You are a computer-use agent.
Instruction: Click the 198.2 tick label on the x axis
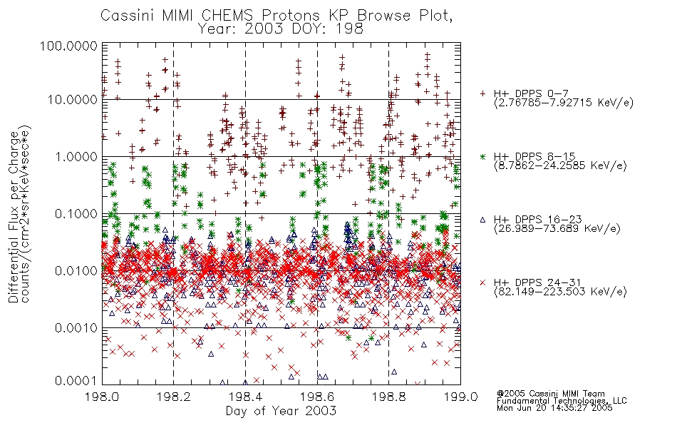tap(174, 397)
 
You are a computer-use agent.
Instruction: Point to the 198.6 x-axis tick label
tap(317, 397)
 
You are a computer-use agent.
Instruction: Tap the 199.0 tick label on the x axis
tap(460, 397)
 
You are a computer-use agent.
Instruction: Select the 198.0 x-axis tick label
tap(102, 397)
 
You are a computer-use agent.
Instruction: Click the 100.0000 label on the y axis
tap(68, 46)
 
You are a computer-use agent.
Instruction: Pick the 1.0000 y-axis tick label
tap(76, 156)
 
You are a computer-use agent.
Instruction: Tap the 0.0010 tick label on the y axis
tap(76, 328)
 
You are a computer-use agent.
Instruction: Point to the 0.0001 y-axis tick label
tap(76, 381)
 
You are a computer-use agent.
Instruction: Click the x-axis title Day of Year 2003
tap(281, 411)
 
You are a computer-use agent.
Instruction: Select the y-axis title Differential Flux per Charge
tap(14, 217)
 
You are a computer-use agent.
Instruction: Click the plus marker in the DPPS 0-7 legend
tap(482, 93)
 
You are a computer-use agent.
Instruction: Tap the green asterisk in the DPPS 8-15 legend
tap(482, 156)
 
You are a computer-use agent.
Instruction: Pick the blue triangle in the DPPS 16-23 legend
tap(482, 220)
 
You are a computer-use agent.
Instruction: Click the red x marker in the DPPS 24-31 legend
tap(482, 282)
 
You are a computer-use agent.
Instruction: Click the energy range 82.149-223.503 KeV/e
tap(560, 292)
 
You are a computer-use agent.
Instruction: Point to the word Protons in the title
tap(290, 16)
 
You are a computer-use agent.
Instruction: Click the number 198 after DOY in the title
tap(350, 29)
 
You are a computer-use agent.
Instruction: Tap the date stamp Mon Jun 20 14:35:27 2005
tap(554, 408)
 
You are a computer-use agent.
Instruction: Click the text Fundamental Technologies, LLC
tap(562, 401)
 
